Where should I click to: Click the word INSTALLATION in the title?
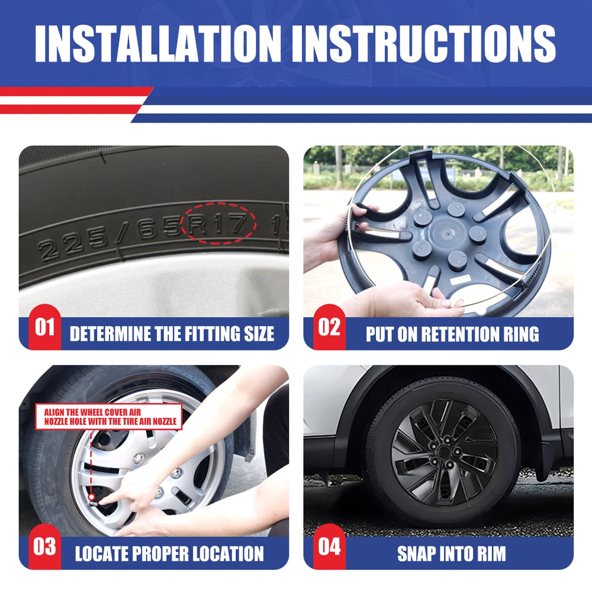(x=158, y=43)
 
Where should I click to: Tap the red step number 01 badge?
(x=44, y=327)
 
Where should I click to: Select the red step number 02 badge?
(x=329, y=327)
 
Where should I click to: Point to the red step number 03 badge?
(x=44, y=546)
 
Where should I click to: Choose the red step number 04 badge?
(x=329, y=546)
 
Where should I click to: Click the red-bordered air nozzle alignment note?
(x=109, y=416)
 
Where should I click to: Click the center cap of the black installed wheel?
(x=445, y=452)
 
